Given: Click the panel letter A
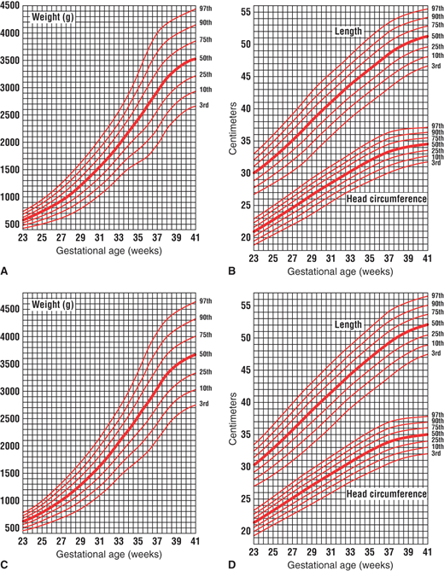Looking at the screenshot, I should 6,271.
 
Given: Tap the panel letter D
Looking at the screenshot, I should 232,564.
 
